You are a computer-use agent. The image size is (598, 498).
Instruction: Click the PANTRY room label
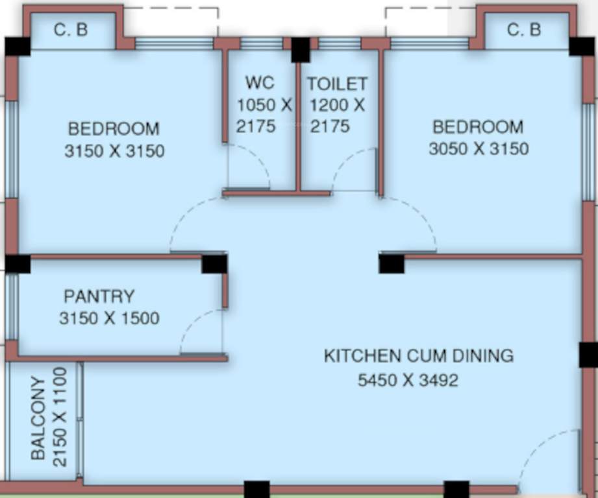(x=99, y=296)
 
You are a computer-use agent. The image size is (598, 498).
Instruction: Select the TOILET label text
(x=337, y=84)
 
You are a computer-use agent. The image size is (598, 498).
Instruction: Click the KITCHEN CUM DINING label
(x=418, y=355)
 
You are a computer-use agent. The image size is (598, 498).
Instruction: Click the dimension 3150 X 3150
(x=114, y=151)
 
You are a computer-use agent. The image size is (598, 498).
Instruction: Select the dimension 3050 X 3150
(x=478, y=148)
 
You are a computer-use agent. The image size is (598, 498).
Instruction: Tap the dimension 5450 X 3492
(x=408, y=379)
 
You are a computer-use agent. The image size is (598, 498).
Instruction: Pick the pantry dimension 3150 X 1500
(x=108, y=318)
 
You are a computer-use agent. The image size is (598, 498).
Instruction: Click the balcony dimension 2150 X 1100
(x=60, y=417)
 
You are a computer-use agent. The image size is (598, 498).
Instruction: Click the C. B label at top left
(x=71, y=30)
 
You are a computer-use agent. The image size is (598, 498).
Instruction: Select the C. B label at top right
(x=524, y=30)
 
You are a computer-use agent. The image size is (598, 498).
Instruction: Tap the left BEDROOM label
(x=114, y=128)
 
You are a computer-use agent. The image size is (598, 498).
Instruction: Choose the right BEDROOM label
(x=478, y=126)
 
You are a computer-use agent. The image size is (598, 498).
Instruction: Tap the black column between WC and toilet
(x=300, y=49)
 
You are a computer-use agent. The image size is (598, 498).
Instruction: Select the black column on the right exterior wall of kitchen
(x=588, y=355)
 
